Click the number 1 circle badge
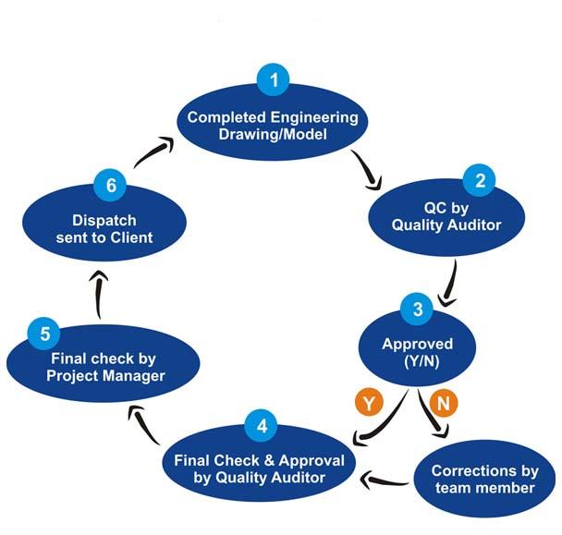click(273, 80)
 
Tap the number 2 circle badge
click(480, 180)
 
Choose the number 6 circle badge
click(110, 186)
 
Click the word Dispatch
click(104, 221)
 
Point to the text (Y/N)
click(418, 362)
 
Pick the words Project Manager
click(105, 375)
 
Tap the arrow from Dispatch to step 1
click(153, 152)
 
